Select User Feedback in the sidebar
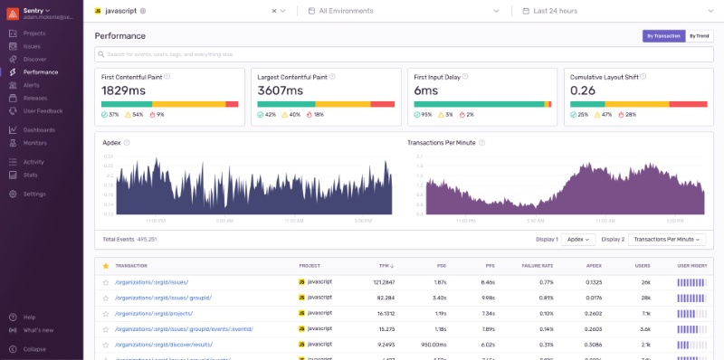click(x=43, y=110)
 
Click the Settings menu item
click(x=34, y=194)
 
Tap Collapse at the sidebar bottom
click(x=34, y=348)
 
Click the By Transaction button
click(x=662, y=36)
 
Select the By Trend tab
click(x=700, y=36)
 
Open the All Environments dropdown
click(x=402, y=11)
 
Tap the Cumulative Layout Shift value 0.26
click(x=583, y=90)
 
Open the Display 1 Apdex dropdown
click(x=578, y=239)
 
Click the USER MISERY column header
click(x=692, y=266)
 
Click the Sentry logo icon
click(x=13, y=11)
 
